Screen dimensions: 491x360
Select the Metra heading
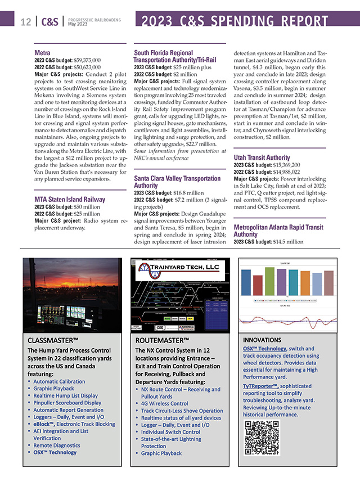click(x=42, y=53)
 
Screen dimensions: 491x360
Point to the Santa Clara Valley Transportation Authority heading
click(x=177, y=182)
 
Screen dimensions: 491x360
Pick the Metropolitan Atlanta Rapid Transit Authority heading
click(x=278, y=231)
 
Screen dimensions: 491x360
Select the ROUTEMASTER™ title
click(x=162, y=340)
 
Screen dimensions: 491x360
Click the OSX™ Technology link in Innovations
click(x=264, y=349)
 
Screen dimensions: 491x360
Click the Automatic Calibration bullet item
click(x=59, y=381)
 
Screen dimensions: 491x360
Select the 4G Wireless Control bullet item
click(x=164, y=403)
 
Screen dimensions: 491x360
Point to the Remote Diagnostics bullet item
click(x=56, y=445)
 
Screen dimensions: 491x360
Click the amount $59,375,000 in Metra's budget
click(x=83, y=60)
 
